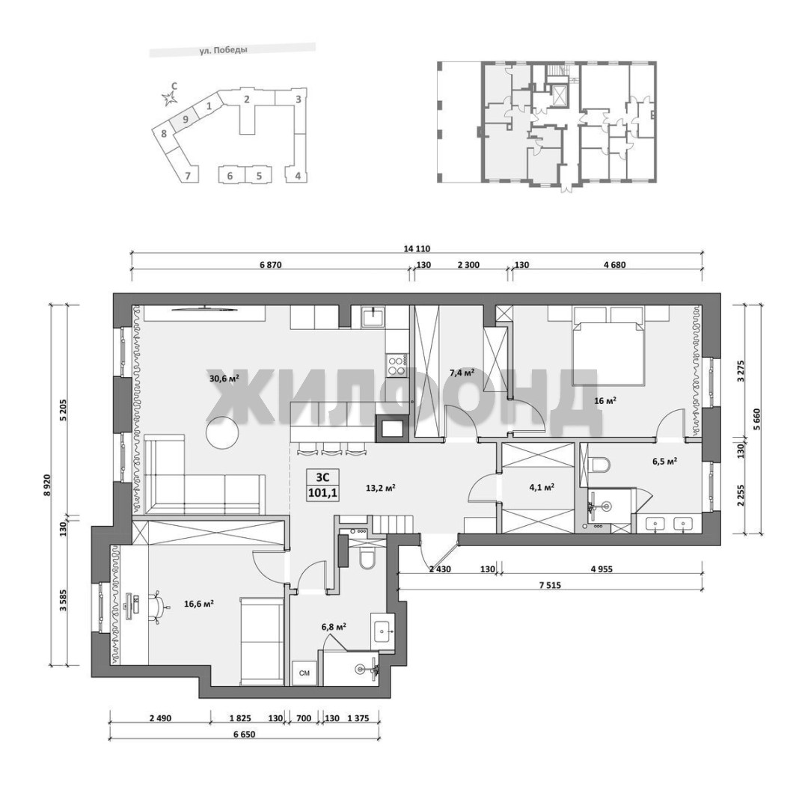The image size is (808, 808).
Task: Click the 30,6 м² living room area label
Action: (x=224, y=378)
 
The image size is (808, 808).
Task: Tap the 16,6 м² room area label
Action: (x=199, y=604)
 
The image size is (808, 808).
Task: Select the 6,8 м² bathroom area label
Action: (x=334, y=627)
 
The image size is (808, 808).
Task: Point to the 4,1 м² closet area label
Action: (x=542, y=486)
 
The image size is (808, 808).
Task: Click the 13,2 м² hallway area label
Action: (x=380, y=487)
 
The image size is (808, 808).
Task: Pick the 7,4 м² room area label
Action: (x=462, y=372)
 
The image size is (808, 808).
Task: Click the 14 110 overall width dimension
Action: (x=417, y=249)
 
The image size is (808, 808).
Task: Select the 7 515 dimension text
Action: (x=550, y=585)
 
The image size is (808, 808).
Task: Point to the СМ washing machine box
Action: (x=304, y=673)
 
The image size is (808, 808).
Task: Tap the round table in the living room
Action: (x=223, y=432)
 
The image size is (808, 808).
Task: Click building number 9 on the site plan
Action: (x=186, y=119)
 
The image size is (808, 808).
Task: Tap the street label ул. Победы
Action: (x=223, y=51)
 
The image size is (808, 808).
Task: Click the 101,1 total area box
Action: (x=322, y=486)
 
